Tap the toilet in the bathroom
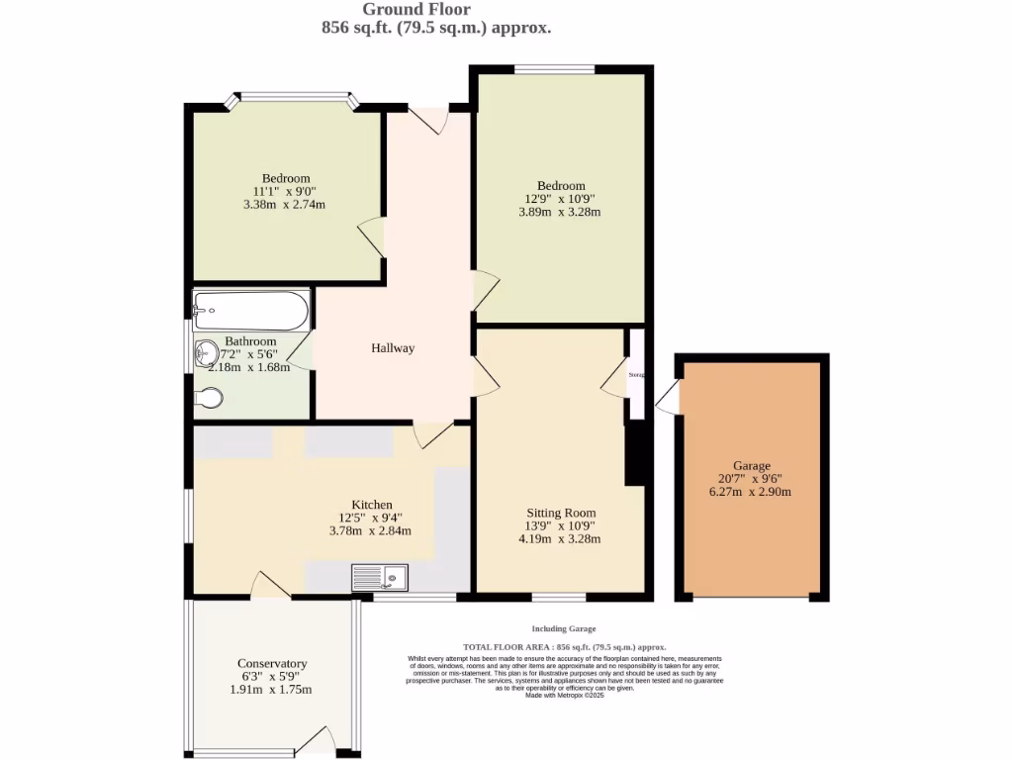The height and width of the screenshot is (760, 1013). [209, 398]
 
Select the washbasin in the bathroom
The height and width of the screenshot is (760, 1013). [207, 352]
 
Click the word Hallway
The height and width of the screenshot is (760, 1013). [393, 348]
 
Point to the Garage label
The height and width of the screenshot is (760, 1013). [752, 466]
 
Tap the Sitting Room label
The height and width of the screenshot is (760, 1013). [561, 513]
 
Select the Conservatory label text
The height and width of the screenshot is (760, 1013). [272, 663]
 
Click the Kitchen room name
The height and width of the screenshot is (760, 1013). [372, 504]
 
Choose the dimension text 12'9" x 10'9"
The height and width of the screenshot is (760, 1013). [561, 198]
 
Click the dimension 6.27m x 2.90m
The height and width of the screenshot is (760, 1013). [752, 492]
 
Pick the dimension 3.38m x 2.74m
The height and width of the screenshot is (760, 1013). [284, 204]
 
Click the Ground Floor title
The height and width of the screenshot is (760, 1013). [436, 10]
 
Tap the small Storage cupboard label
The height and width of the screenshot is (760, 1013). [637, 375]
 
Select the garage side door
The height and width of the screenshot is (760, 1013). [668, 398]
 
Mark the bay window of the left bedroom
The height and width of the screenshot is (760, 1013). [292, 97]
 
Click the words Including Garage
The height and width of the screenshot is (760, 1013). [564, 629]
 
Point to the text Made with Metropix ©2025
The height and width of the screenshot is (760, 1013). [564, 696]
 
